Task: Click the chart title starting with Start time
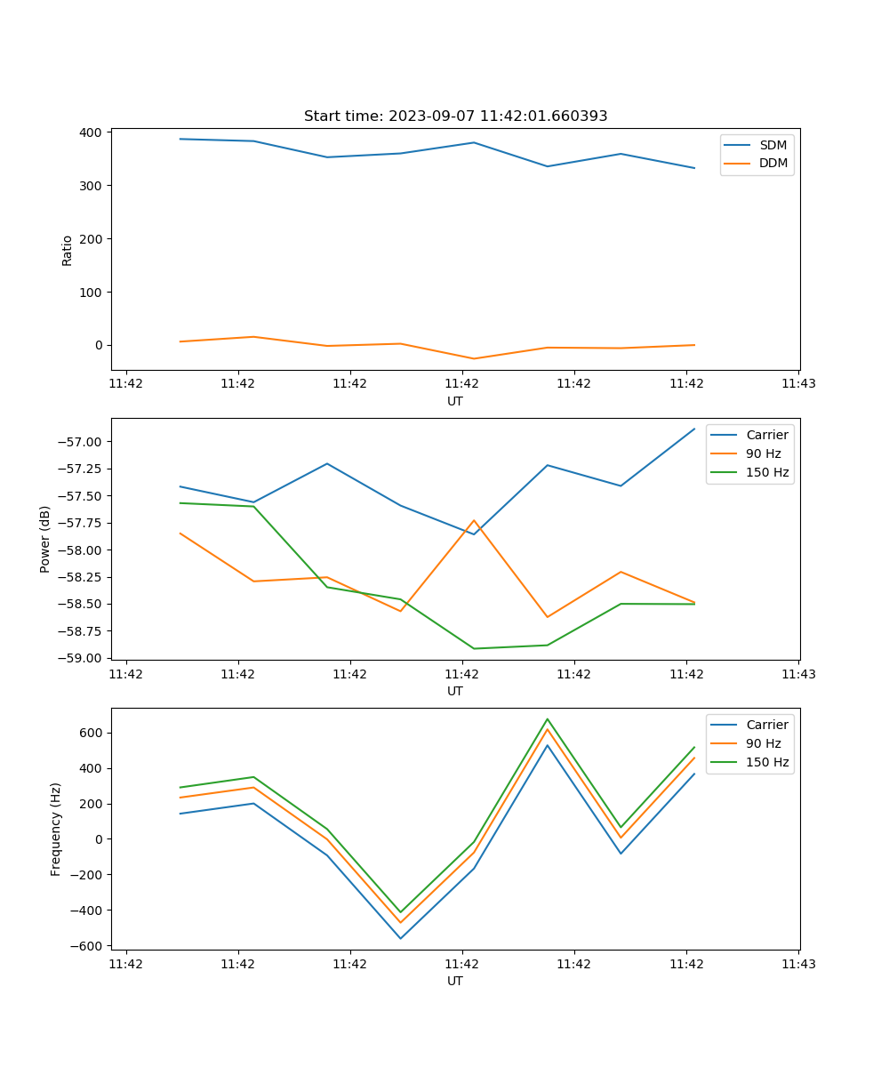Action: [x=455, y=116]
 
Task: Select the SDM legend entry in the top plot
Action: [x=773, y=145]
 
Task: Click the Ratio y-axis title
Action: [x=68, y=250]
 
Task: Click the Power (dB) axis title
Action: [x=45, y=539]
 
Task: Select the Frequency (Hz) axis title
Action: [x=56, y=829]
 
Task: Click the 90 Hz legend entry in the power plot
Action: [x=763, y=453]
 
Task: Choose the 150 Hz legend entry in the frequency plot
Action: [x=767, y=762]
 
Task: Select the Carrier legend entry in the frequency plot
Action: [x=766, y=725]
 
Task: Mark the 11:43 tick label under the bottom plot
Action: [x=798, y=964]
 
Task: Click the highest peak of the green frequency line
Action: [x=548, y=718]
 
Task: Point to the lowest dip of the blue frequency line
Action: [x=400, y=938]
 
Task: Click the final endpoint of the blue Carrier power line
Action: [x=694, y=429]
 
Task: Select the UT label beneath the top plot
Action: [x=455, y=401]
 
